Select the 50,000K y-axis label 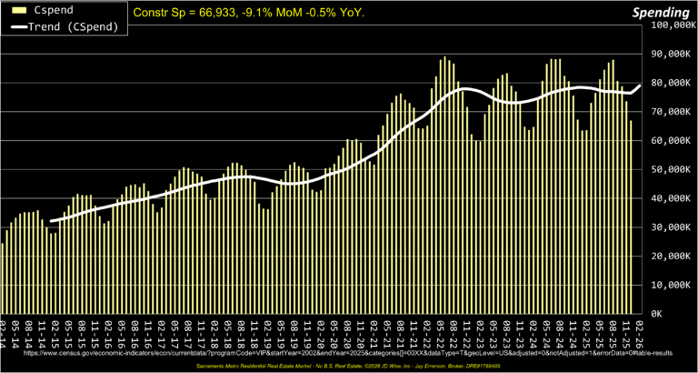click(673, 169)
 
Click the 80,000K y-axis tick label click(673, 83)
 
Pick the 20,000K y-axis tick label click(673, 256)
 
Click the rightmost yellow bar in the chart click(631, 217)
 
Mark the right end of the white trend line click(640, 86)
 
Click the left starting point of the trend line click(51, 221)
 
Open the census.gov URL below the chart click(348, 350)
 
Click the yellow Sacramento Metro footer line click(349, 365)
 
